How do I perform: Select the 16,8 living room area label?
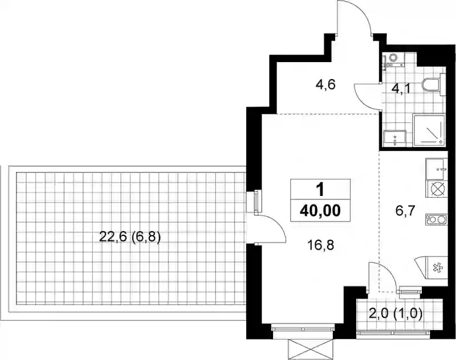point(320,246)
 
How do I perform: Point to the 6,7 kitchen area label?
point(405,211)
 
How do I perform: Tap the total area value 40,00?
point(320,211)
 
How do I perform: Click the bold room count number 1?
point(320,190)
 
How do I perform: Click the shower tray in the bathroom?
point(429,130)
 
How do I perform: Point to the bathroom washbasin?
point(394,140)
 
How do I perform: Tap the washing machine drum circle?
point(393,57)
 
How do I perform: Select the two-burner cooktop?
point(436,219)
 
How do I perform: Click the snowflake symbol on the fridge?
point(437,268)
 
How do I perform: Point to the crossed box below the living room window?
point(302,349)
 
